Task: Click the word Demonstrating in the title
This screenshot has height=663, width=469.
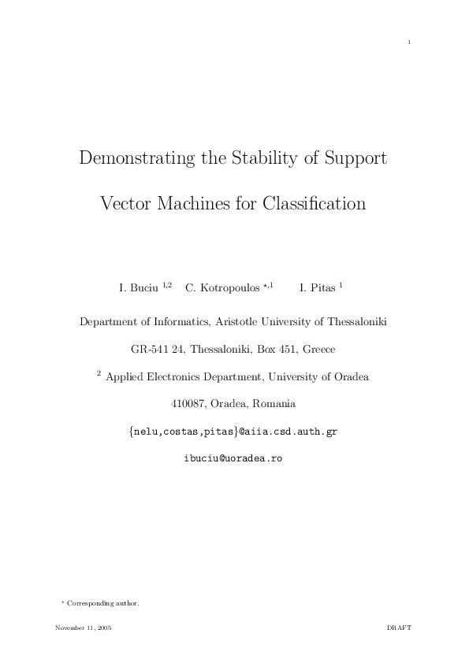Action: pyautogui.click(x=137, y=157)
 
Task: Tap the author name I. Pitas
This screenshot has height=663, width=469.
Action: pyautogui.click(x=318, y=288)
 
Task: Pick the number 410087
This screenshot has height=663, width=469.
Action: pyautogui.click(x=189, y=405)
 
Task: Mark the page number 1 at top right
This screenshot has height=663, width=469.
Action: pyautogui.click(x=409, y=42)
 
